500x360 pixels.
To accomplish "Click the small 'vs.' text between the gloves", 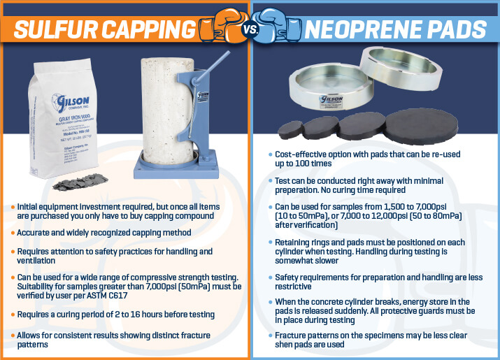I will click(250, 31).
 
